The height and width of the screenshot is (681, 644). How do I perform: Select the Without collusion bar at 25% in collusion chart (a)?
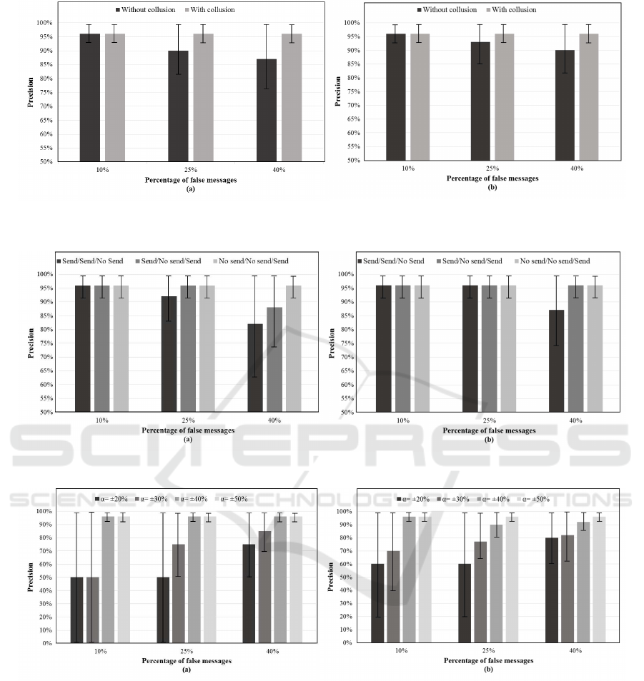pos(178,106)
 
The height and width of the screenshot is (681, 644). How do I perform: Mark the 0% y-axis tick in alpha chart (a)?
pos(65,643)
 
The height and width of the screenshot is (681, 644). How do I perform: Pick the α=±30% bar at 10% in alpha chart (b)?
pos(392,597)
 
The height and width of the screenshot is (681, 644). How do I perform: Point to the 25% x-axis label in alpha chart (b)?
pos(489,651)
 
